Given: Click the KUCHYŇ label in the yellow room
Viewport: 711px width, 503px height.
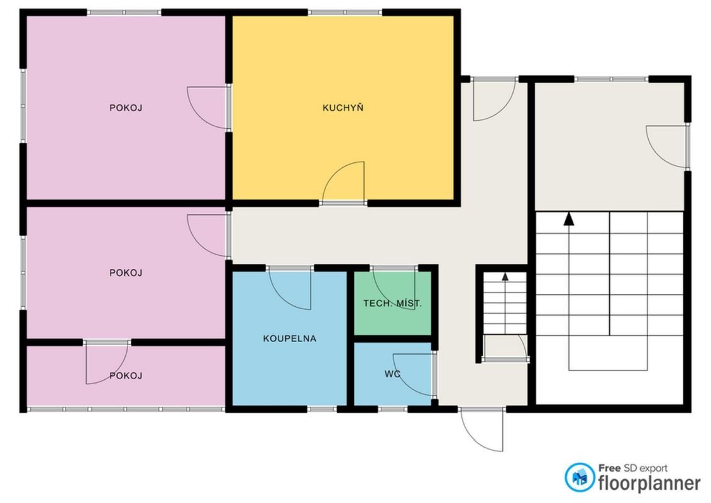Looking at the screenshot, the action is [x=343, y=108].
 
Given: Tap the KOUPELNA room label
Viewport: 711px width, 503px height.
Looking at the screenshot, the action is [x=290, y=338].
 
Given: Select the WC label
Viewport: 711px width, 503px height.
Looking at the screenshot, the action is [x=392, y=374].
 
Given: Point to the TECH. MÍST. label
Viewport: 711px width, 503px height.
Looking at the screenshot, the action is [x=393, y=304].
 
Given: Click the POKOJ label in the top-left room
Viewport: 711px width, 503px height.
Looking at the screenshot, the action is [x=126, y=108].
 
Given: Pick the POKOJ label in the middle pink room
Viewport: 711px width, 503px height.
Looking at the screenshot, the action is [x=126, y=273].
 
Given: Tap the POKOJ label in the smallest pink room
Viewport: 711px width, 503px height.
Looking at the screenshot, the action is [x=126, y=375].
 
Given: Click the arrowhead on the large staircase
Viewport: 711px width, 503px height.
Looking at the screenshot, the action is [x=569, y=219].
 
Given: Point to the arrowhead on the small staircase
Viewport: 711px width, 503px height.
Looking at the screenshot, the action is [x=505, y=276].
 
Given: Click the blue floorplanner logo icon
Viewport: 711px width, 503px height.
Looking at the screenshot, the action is [x=580, y=477].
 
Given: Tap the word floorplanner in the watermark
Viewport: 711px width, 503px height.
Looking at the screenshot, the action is [x=649, y=483].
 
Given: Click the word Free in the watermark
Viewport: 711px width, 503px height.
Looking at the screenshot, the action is [x=609, y=468].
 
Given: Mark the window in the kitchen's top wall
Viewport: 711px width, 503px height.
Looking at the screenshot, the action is [x=345, y=13].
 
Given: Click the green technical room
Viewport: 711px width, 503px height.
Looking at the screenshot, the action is [x=393, y=304].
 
